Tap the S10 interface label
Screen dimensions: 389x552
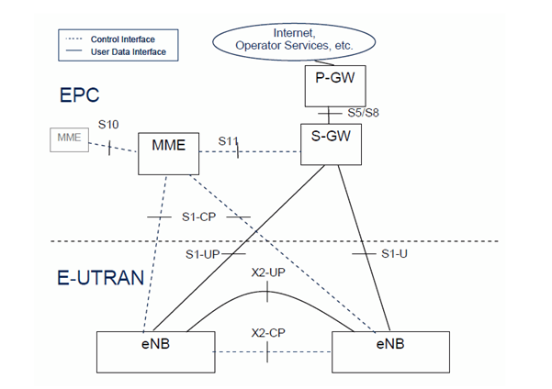[107, 125]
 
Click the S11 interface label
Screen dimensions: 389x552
[229, 141]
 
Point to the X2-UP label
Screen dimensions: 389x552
[265, 272]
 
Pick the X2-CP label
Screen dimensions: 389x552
[267, 333]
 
